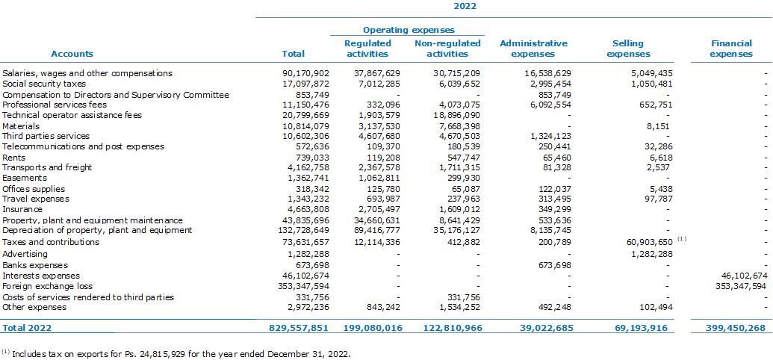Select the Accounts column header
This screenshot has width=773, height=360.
[72, 54]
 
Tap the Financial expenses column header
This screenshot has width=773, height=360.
[731, 49]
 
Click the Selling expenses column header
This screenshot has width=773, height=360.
[628, 49]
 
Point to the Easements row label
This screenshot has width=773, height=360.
[25, 178]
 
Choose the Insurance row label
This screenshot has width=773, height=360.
[22, 210]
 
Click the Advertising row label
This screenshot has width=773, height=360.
[25, 254]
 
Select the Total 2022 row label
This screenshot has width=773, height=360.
[27, 328]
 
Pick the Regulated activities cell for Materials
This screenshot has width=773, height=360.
[381, 126]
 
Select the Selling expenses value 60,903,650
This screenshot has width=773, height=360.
[651, 242]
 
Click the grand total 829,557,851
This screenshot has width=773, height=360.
[299, 328]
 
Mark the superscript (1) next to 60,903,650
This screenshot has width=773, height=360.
[682, 239]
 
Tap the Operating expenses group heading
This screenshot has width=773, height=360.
[409, 31]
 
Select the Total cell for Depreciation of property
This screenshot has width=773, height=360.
[304, 230]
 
